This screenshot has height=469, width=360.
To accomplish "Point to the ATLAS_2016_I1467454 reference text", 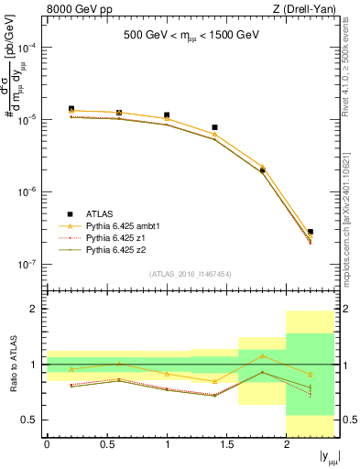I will [190, 273].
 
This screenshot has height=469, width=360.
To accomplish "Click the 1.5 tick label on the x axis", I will [227, 445].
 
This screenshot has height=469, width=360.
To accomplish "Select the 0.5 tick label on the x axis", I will [107, 445].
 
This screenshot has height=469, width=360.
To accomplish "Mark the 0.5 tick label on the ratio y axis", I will [29, 420].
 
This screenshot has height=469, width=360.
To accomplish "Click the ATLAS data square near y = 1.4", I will [214, 127].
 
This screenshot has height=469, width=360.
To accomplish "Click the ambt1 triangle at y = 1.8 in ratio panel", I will [263, 356].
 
